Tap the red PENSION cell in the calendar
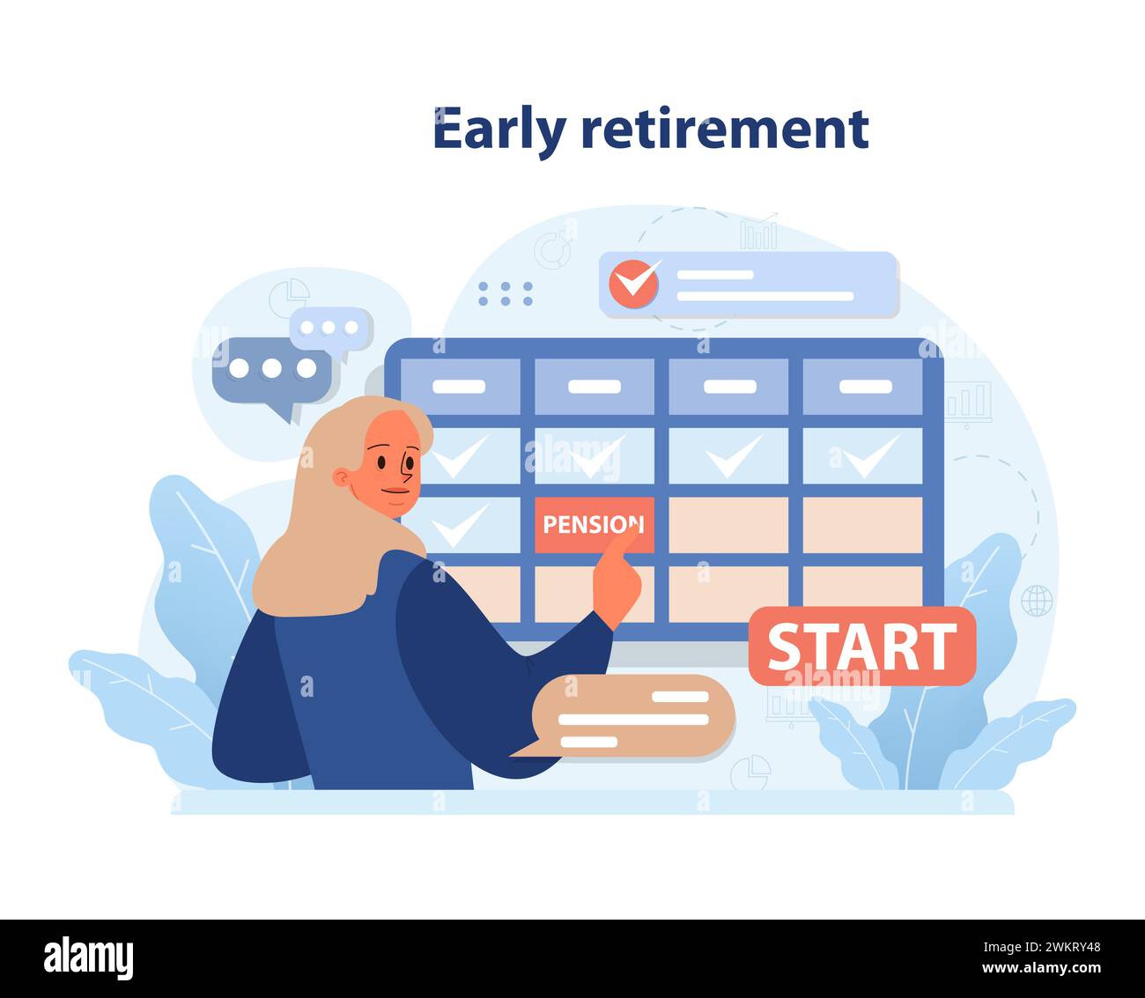pyautogui.click(x=594, y=525)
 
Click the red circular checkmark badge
pyautogui.click(x=634, y=282)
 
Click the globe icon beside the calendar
pyautogui.click(x=1036, y=601)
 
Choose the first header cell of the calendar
pyautogui.click(x=459, y=387)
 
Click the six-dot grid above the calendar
pyautogui.click(x=506, y=294)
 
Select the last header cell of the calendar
pyautogui.click(x=862, y=387)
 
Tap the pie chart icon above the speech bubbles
pyautogui.click(x=288, y=295)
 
